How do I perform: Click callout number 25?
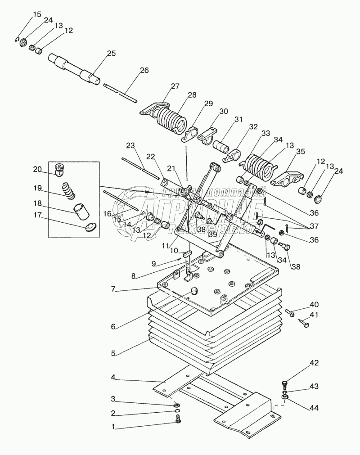[x=111, y=54]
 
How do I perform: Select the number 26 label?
[x=144, y=70]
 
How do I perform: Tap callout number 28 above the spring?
[x=192, y=95]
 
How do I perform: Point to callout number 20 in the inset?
[x=37, y=169]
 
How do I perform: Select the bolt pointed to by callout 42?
[x=284, y=384]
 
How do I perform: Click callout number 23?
[x=130, y=145]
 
